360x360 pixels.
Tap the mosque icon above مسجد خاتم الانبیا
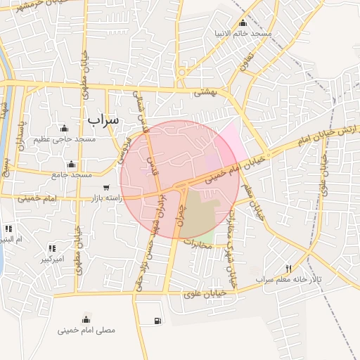click(243, 23)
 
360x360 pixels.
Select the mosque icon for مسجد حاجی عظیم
click(65, 128)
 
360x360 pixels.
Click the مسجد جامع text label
click(72, 174)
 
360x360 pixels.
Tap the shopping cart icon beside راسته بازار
click(106, 188)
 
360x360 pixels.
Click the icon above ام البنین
click(9, 229)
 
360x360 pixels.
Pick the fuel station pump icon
click(155, 321)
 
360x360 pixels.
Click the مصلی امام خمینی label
click(86, 329)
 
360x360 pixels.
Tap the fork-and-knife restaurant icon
click(288, 269)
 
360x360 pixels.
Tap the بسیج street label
click(6, 167)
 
